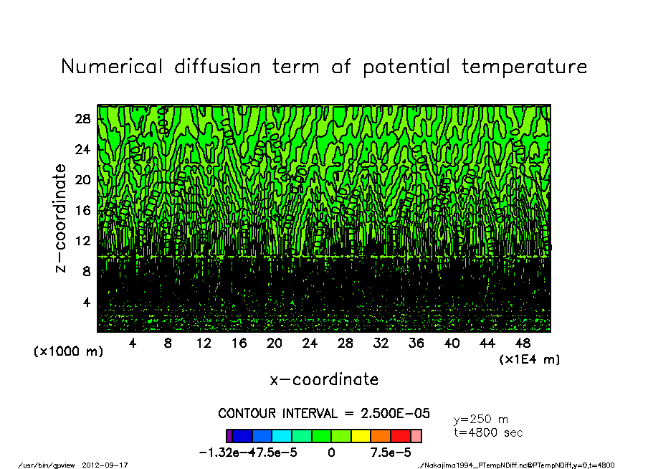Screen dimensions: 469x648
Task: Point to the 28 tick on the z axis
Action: point(83,119)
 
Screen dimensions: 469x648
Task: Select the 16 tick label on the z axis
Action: point(83,211)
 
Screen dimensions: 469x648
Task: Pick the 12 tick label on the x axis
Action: point(204,344)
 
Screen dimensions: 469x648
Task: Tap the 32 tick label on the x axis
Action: point(381,344)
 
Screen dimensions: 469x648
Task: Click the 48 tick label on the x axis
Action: point(523,344)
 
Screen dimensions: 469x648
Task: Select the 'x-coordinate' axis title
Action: point(324,379)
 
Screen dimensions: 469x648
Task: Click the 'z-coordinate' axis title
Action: point(61,218)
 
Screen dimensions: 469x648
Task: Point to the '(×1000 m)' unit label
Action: point(69,352)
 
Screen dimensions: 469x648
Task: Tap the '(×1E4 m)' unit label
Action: point(529,359)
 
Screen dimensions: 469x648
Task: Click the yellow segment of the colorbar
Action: point(361,436)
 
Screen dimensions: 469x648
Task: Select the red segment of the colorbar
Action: point(400,436)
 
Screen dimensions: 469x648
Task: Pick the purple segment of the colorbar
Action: point(229,436)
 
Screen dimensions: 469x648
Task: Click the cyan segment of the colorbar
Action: point(282,436)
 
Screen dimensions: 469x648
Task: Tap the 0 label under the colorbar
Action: point(331,453)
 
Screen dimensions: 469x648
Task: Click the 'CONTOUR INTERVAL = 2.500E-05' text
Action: point(324,414)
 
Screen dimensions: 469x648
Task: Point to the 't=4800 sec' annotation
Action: point(488,433)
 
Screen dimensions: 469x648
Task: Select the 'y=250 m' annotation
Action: point(481,420)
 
